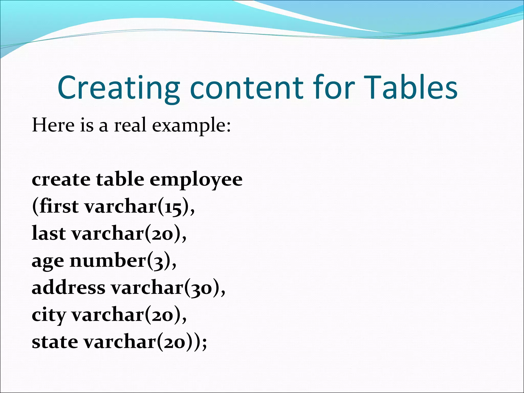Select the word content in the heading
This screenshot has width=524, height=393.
[247, 88]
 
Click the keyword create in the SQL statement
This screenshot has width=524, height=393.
[61, 179]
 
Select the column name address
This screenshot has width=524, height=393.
[68, 288]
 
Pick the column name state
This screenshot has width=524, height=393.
[55, 342]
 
